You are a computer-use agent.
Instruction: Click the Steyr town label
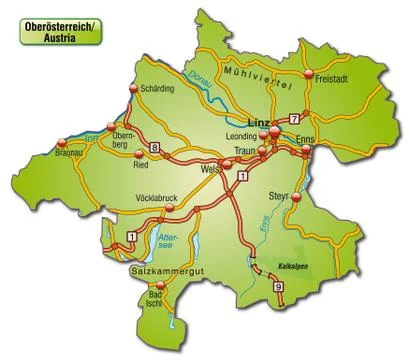click(x=279, y=196)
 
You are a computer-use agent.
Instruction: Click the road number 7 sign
click(x=294, y=120)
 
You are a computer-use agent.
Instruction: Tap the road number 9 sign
click(x=277, y=288)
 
